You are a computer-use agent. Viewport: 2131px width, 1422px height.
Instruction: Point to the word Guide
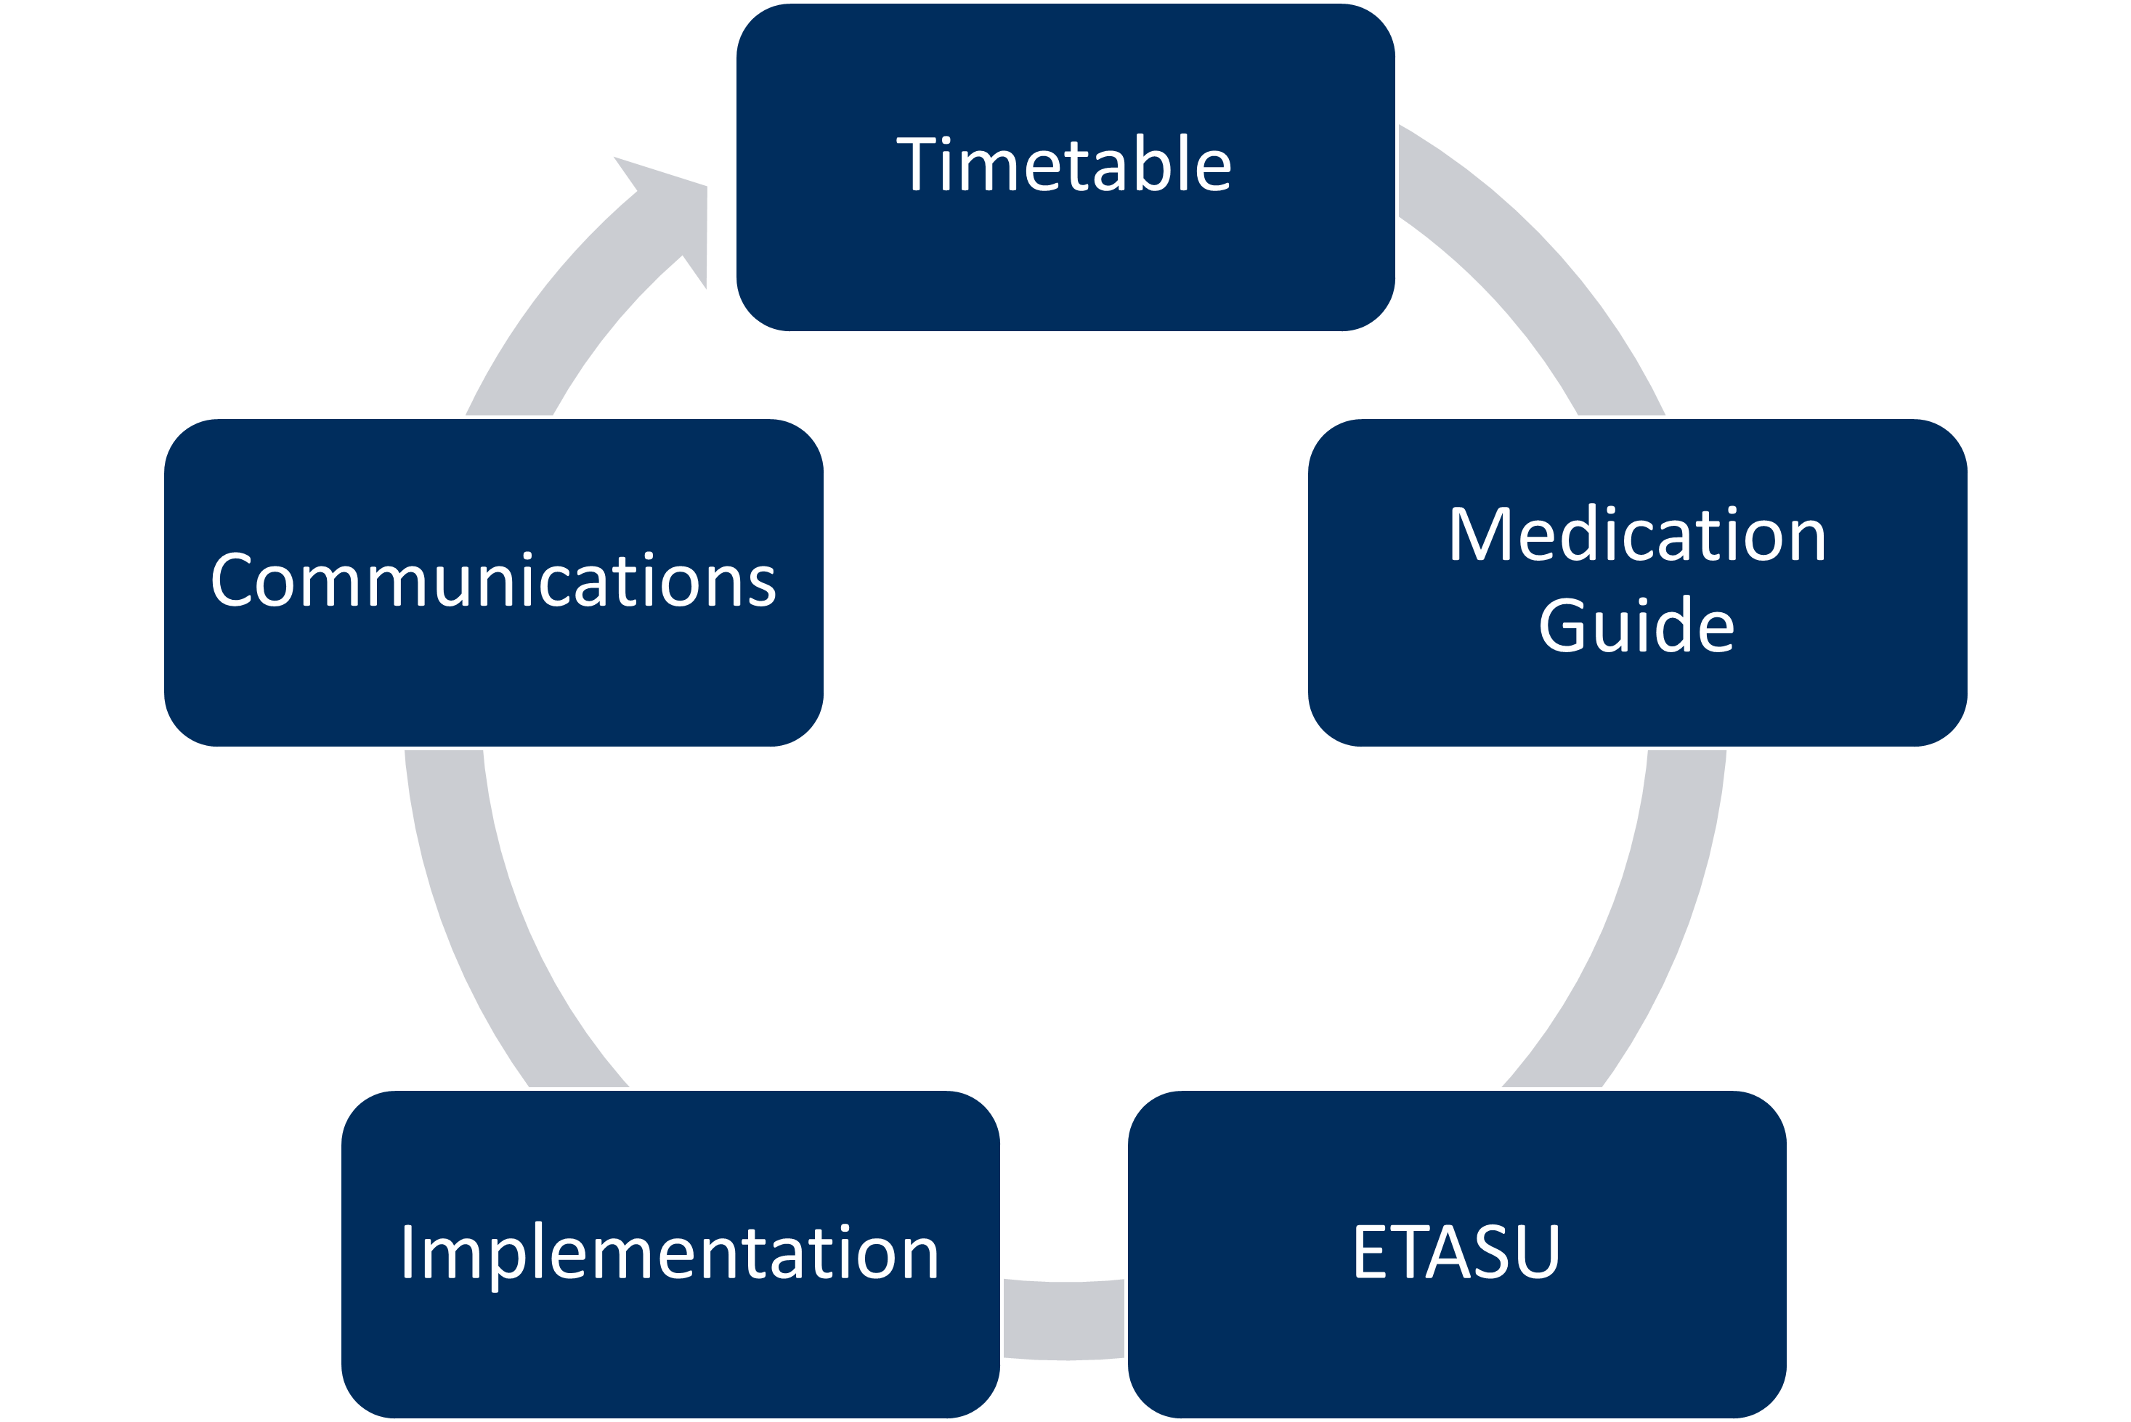1637,626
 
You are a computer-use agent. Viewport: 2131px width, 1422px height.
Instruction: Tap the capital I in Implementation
408,1252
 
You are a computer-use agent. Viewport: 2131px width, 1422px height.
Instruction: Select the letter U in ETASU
1536,1252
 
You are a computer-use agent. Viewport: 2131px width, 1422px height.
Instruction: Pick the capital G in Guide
1567,626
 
